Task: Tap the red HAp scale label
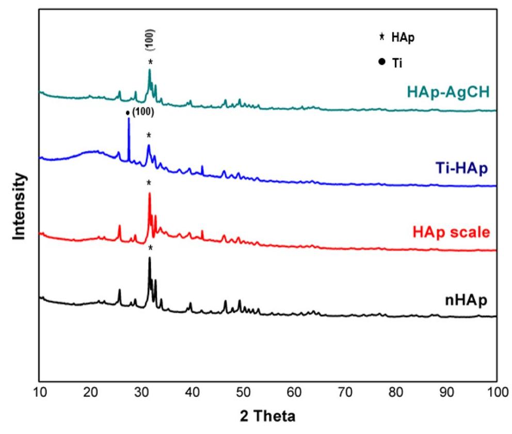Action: (451, 233)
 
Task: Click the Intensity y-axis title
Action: (20, 206)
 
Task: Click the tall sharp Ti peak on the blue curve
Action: (129, 119)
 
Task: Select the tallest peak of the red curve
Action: (149, 194)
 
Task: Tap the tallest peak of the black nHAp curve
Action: (149, 258)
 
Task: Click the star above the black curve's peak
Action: (150, 248)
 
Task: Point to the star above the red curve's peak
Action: (149, 183)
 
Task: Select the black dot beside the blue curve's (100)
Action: (127, 112)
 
